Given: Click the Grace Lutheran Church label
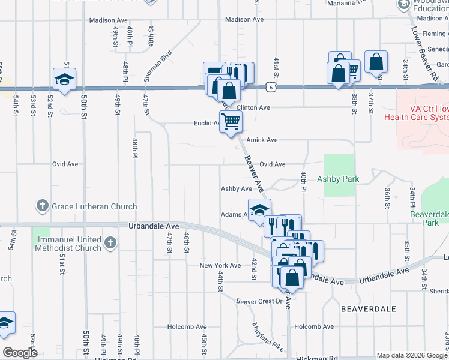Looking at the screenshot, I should click(x=94, y=206).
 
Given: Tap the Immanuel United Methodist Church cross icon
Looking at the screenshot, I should click(x=110, y=243).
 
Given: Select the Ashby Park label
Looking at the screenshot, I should click(x=338, y=179).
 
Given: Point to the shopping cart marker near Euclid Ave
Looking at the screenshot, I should click(x=231, y=122).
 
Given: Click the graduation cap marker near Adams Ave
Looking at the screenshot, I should click(x=259, y=210).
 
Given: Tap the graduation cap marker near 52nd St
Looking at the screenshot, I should click(x=64, y=79).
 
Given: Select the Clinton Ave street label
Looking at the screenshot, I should click(x=253, y=107).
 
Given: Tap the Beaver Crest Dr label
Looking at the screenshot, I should click(x=259, y=301).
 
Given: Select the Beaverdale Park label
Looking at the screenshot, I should click(x=429, y=218).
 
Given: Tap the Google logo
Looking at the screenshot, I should click(x=19, y=353).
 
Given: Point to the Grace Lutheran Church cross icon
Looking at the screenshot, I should click(x=42, y=206).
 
